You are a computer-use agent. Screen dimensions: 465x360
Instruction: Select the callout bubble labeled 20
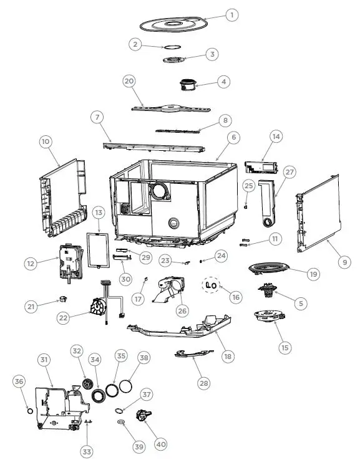click(x=129, y=82)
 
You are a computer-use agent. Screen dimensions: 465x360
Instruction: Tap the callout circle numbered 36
click(x=19, y=381)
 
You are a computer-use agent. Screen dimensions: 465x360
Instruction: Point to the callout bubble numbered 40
click(x=161, y=444)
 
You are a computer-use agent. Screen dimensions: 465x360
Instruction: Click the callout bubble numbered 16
click(x=235, y=297)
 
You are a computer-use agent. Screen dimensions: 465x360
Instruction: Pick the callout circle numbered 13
click(x=98, y=213)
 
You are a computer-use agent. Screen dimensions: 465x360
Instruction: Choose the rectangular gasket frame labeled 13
click(x=98, y=249)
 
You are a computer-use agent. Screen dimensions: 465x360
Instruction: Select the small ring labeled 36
click(x=29, y=410)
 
